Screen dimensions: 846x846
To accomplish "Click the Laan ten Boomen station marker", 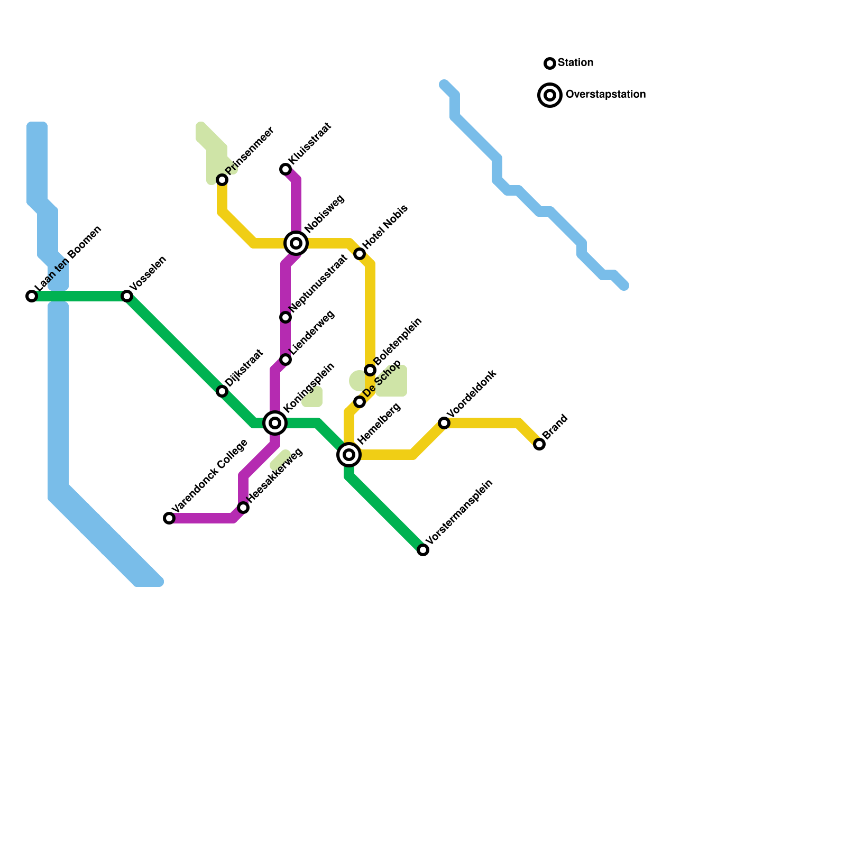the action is [x=32, y=296].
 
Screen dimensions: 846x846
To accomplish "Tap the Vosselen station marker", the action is [x=127, y=296].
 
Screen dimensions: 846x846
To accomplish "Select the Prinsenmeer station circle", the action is [x=223, y=180].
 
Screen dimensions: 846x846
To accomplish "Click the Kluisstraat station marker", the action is [x=286, y=169].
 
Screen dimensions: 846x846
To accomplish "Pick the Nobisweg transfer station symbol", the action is [x=297, y=243].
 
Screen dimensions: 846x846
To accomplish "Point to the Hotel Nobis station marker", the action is [x=360, y=254].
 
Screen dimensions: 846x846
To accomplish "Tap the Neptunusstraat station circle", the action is [x=286, y=317].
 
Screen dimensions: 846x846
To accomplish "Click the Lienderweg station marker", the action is [x=286, y=360].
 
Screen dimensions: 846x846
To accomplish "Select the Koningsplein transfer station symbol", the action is [x=275, y=423].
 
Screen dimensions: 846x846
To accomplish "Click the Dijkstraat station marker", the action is [x=222, y=391].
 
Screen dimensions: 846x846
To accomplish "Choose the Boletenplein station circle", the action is [x=370, y=370].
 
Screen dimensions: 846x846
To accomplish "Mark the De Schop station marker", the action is [x=360, y=402].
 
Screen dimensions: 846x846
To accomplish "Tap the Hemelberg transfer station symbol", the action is [x=349, y=455].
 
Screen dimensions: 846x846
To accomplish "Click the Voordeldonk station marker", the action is [x=444, y=423].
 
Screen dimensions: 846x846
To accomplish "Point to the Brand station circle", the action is [x=539, y=444].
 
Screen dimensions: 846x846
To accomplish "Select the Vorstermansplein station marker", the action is [x=423, y=550].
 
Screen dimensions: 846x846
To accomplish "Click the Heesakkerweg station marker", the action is [x=243, y=508].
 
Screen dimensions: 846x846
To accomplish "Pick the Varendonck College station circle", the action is [x=169, y=518].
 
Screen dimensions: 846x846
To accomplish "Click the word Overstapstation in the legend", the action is [x=605, y=95].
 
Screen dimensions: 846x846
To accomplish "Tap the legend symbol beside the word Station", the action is [x=550, y=63].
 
